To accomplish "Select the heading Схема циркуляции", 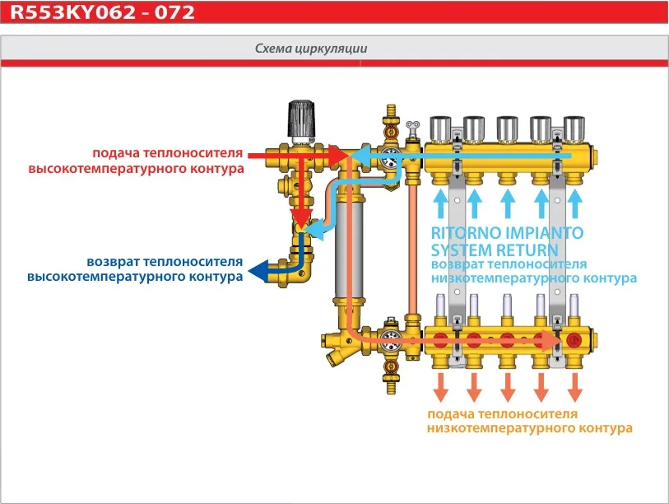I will pos(311,49).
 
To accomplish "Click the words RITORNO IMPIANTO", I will pos(507,233).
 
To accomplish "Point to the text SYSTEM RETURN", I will pos(495,250).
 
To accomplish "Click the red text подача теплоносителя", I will pos(168,153).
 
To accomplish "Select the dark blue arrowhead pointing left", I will pos(258,269).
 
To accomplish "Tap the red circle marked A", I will pos(574,339).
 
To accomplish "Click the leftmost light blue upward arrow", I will pos(441,202).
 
